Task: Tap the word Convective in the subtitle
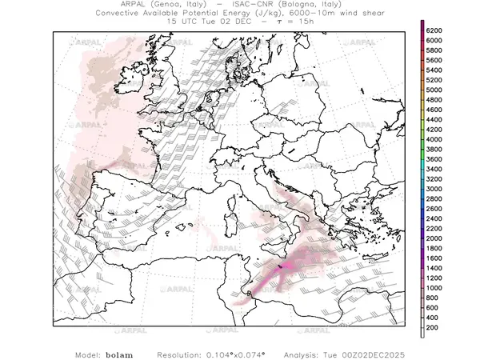[x=122, y=14]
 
